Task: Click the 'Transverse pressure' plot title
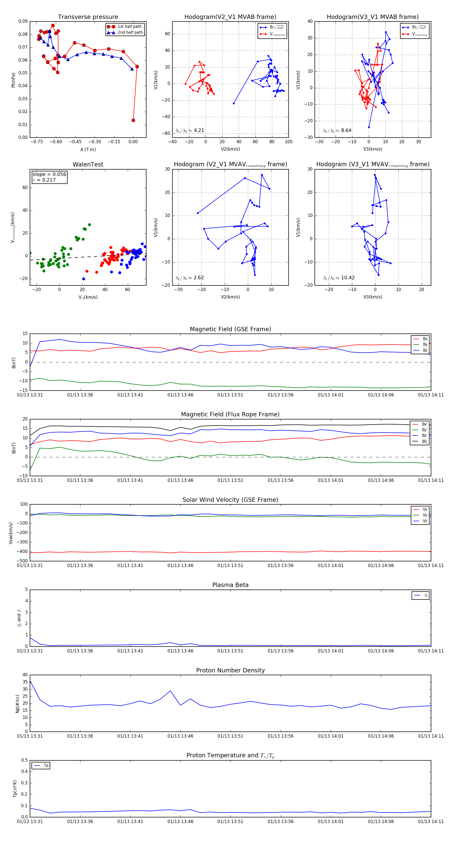pos(88,17)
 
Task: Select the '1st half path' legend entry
pos(129,27)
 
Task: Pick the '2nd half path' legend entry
pos(130,32)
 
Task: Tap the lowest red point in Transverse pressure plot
pos(133,120)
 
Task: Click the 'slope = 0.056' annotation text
pos(49,174)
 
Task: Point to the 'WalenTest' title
pos(88,164)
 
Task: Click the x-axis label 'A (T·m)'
pos(88,149)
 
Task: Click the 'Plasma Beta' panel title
pos(230,585)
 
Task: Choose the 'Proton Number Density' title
pos(230,670)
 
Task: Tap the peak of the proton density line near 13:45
pos(170,691)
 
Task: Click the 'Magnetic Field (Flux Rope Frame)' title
pos(230,415)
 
